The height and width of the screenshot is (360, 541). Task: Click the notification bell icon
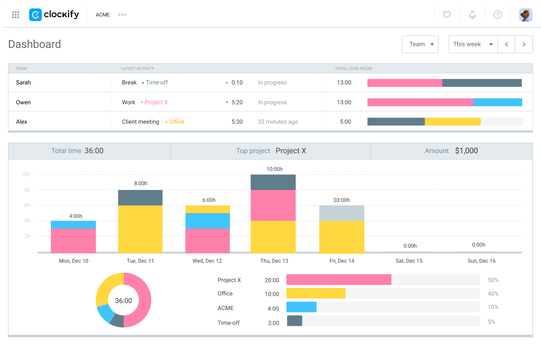pyautogui.click(x=473, y=15)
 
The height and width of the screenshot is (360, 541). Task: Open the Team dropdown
pyautogui.click(x=420, y=44)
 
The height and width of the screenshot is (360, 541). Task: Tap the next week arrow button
pyautogui.click(x=524, y=44)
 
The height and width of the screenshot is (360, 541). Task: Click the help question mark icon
pyautogui.click(x=498, y=15)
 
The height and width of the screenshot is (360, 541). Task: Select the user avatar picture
pyautogui.click(x=525, y=15)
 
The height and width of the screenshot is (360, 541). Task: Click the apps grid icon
pyautogui.click(x=16, y=15)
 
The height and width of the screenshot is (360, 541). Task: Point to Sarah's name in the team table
pyautogui.click(x=23, y=83)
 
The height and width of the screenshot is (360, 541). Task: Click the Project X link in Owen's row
pyautogui.click(x=156, y=102)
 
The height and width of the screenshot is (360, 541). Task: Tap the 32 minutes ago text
pyautogui.click(x=278, y=122)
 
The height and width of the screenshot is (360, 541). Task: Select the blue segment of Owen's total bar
pyautogui.click(x=498, y=102)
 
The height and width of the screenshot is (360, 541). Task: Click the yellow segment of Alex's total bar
pyautogui.click(x=453, y=122)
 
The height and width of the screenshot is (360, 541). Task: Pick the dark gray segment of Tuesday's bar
pyautogui.click(x=140, y=198)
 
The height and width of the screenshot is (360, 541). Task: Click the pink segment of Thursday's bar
pyautogui.click(x=273, y=206)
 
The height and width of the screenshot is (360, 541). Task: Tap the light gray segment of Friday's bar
pyautogui.click(x=342, y=213)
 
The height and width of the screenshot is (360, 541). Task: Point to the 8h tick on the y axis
pyautogui.click(x=27, y=190)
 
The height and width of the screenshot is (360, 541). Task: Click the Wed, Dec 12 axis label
pyautogui.click(x=207, y=261)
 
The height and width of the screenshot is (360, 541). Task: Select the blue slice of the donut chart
pyautogui.click(x=106, y=313)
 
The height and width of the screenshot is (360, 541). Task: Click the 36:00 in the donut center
pyautogui.click(x=123, y=300)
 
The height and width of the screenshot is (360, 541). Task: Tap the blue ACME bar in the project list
pyautogui.click(x=302, y=307)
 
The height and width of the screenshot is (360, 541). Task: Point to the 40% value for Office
pyautogui.click(x=493, y=293)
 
